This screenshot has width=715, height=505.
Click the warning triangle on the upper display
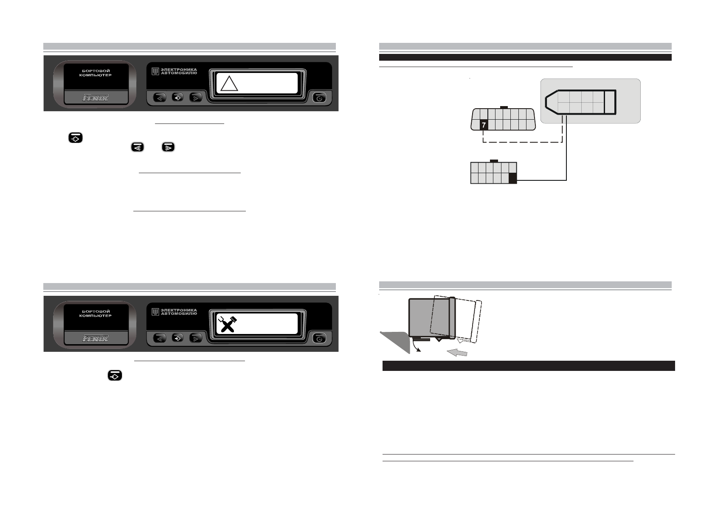(x=229, y=84)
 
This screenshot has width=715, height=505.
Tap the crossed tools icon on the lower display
(x=227, y=325)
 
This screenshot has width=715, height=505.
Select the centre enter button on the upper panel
(x=177, y=98)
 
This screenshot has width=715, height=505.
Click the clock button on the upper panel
(x=319, y=98)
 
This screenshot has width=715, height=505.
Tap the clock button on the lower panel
(x=319, y=338)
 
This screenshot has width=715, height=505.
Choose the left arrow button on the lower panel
(x=160, y=338)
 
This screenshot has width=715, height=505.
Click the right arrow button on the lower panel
(x=195, y=338)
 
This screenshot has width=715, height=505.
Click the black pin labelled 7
(x=484, y=125)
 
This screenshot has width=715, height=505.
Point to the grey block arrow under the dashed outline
(x=457, y=352)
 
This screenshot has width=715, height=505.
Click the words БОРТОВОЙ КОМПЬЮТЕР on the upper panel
(x=96, y=73)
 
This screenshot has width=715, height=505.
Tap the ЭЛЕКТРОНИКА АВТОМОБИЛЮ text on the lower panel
(x=179, y=312)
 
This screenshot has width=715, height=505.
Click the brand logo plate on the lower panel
(x=96, y=338)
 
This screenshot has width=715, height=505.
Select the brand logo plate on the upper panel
(x=96, y=98)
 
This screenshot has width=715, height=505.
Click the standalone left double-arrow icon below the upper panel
(x=137, y=147)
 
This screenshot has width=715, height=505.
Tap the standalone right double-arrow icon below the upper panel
(x=168, y=147)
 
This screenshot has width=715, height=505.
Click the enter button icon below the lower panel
(x=115, y=376)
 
